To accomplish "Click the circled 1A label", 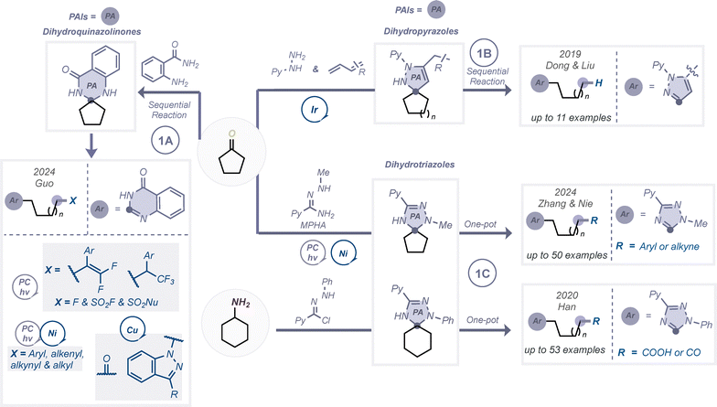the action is tap(165, 141).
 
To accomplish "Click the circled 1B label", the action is tap(484, 53).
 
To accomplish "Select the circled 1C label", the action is tap(483, 273).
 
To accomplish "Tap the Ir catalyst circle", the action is tap(315, 110).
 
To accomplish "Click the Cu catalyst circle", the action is tap(132, 329).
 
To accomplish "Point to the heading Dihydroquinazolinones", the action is tap(91, 31).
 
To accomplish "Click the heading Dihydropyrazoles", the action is tap(421, 31).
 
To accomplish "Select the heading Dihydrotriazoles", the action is tap(420, 165).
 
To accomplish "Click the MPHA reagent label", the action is tap(313, 225).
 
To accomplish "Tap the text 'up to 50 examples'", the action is tap(567, 254).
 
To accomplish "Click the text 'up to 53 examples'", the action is tap(565, 349).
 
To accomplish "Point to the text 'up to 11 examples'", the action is tap(571, 117).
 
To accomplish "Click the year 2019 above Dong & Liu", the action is tap(570, 54).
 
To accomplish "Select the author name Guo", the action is tap(44, 183).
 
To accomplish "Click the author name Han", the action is tap(567, 307).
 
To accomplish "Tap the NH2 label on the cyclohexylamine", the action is tap(241, 303).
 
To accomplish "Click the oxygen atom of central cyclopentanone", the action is tap(232, 134).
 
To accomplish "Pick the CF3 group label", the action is tap(166, 278).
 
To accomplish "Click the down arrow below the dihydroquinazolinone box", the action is tap(91, 145).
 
